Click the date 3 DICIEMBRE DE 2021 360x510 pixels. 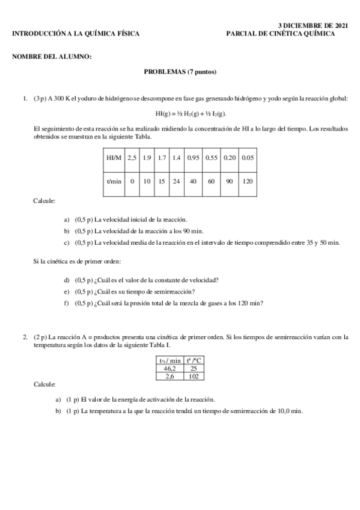point(313,26)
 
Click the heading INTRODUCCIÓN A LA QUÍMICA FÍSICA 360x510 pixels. point(76,34)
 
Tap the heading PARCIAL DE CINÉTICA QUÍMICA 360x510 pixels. point(281,34)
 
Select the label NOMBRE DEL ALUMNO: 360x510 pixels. point(52,57)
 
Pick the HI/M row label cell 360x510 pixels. point(114,158)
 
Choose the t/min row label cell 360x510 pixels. point(114,180)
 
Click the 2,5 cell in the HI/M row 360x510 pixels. point(132,158)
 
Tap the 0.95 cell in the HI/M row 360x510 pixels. point(193,158)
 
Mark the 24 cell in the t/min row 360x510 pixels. point(176,180)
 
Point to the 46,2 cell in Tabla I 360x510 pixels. point(171,368)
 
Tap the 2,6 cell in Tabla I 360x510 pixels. point(171,376)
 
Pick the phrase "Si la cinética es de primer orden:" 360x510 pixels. point(77,261)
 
